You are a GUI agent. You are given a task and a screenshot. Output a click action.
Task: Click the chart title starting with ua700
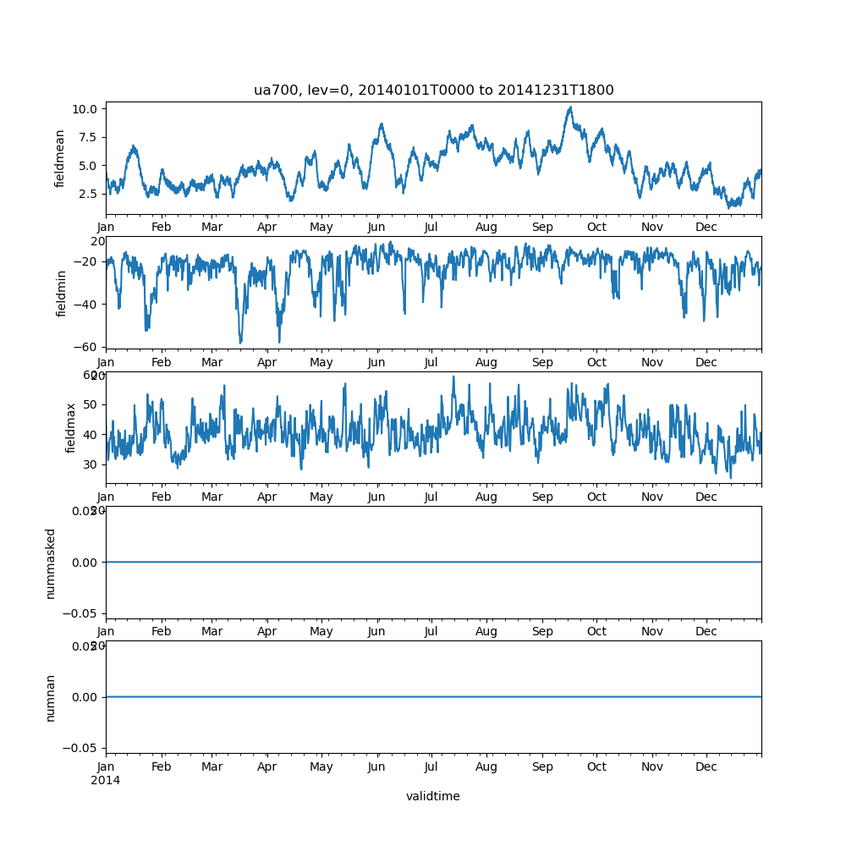click(433, 90)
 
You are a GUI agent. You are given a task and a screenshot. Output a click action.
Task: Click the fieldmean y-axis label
click(60, 159)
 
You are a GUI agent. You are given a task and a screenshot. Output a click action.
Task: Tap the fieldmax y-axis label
click(71, 427)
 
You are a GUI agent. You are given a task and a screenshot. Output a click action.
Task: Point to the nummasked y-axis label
click(51, 562)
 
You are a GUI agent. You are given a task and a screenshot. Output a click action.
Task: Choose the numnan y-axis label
click(51, 696)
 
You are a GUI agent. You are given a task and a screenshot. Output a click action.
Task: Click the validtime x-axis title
click(433, 796)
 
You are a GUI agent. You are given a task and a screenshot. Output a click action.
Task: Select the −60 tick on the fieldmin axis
click(85, 347)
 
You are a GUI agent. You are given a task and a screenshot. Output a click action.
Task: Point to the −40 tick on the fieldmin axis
click(85, 304)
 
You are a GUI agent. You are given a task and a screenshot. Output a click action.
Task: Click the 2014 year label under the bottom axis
click(106, 780)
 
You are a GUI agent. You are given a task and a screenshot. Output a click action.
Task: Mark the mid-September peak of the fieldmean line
click(570, 107)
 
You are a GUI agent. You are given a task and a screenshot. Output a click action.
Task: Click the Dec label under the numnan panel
click(706, 767)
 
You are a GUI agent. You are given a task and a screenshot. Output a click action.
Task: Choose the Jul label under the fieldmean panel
click(431, 228)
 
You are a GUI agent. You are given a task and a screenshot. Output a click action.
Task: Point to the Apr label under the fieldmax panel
click(267, 497)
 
